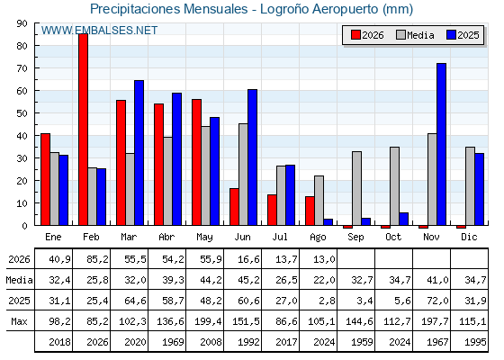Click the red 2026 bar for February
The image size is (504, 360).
(x=83, y=130)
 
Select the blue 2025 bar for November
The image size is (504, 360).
(x=441, y=144)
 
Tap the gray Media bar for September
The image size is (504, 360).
(x=356, y=188)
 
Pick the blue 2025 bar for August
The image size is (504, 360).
(x=328, y=222)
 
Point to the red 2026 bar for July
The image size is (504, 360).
(x=272, y=210)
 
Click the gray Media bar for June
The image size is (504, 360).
(x=243, y=175)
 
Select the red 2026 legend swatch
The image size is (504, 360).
(x=355, y=35)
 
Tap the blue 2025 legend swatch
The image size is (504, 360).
(x=451, y=35)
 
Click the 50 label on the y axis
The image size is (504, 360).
(x=22, y=113)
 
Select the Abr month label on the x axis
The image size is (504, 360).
(x=166, y=237)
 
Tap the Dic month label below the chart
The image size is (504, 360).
(x=469, y=237)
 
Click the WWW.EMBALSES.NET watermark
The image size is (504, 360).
(x=99, y=31)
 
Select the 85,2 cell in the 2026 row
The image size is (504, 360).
(x=97, y=259)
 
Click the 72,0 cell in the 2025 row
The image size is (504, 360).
(x=437, y=301)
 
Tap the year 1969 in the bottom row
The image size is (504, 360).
(x=173, y=342)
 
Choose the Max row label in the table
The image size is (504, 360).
(x=19, y=321)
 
